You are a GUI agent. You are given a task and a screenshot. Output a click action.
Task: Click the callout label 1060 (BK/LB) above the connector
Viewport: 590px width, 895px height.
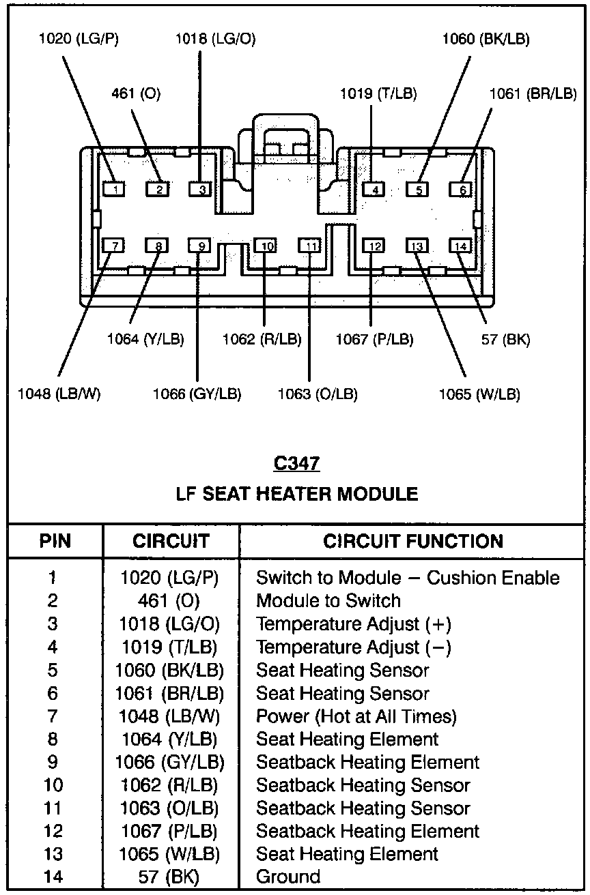pos(485,39)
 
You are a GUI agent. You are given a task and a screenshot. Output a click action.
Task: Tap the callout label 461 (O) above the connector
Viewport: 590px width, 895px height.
pos(136,94)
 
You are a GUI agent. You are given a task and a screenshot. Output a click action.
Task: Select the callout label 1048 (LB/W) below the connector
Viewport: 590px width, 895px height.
pos(59,394)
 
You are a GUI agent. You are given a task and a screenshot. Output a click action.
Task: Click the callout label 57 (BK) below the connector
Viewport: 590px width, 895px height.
pos(505,339)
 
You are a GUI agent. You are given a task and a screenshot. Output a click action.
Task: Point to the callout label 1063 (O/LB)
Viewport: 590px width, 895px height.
pos(318,394)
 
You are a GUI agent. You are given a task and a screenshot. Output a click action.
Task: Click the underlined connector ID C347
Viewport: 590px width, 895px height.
pos(296,464)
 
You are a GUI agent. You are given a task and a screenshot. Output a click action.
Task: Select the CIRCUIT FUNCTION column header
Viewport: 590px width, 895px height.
pos(413,541)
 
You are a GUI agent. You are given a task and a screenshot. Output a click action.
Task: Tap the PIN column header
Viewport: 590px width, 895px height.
pos(55,541)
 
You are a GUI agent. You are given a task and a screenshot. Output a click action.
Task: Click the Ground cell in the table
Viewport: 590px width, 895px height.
pos(287,877)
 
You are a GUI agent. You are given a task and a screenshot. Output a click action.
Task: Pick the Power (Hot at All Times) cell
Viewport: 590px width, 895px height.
pos(356,716)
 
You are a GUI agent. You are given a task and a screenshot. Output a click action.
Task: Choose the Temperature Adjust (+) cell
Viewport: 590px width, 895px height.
pos(353,623)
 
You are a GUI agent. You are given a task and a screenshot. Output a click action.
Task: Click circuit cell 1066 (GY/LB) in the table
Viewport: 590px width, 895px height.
pos(169,762)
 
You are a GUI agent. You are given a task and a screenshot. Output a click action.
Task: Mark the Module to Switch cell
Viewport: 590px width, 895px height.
pos(328,600)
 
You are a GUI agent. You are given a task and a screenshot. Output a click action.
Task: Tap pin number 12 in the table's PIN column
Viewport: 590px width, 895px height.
pos(53,831)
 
